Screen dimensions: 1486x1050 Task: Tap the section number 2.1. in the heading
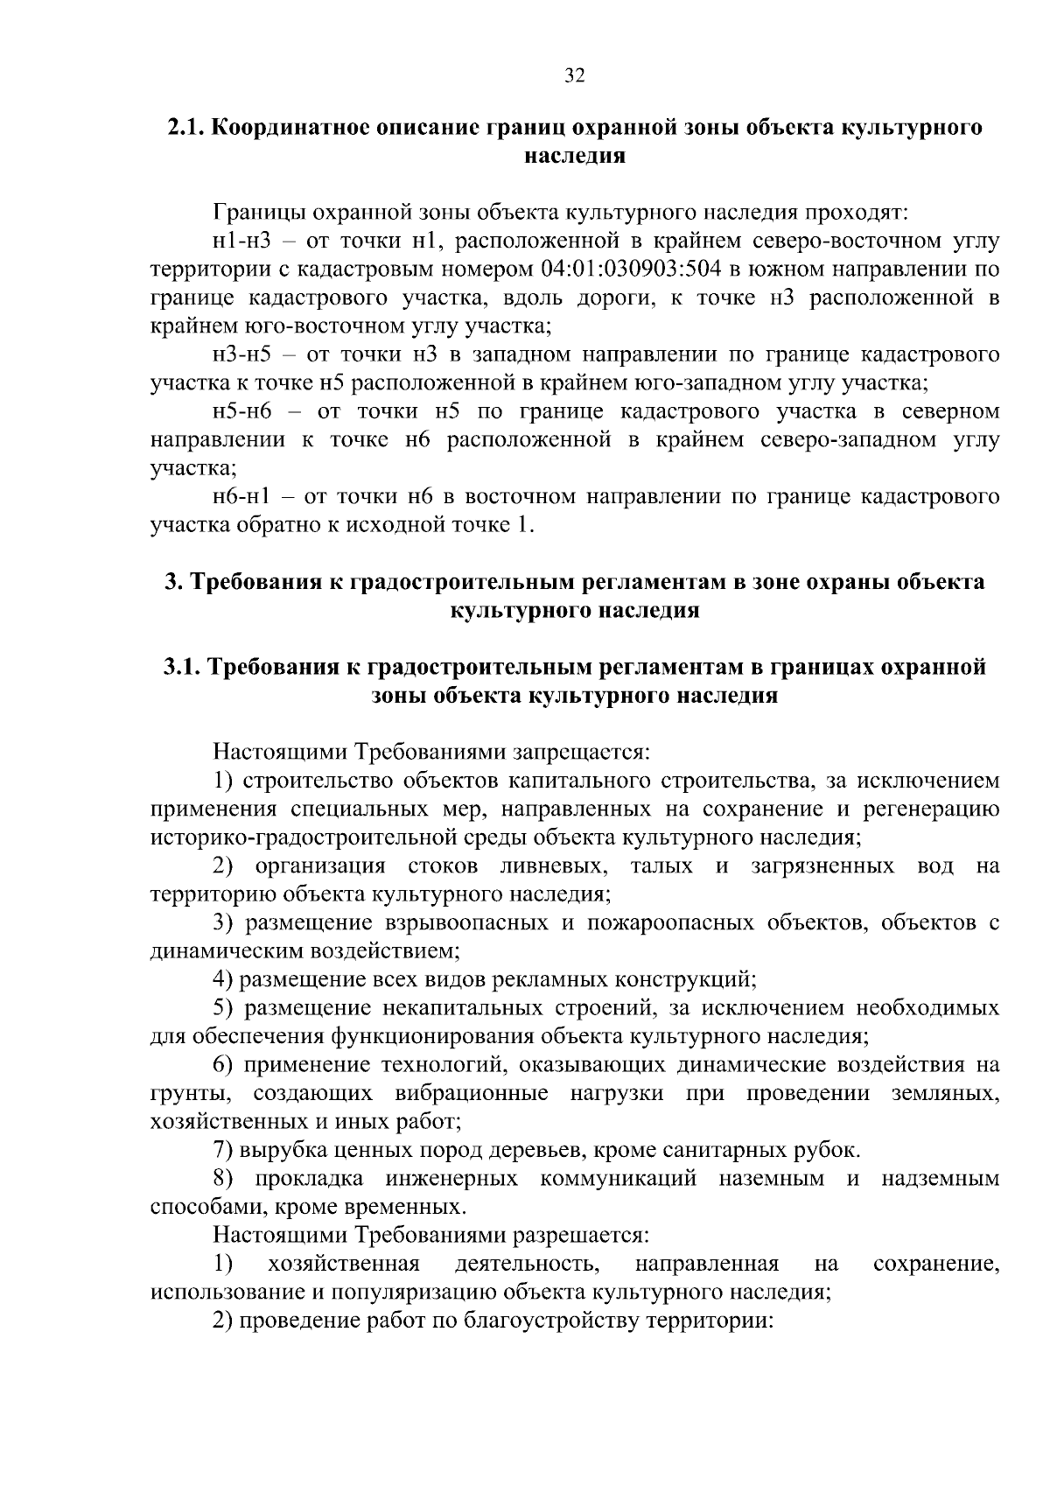[x=187, y=128]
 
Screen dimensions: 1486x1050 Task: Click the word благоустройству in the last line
[x=554, y=1321]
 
